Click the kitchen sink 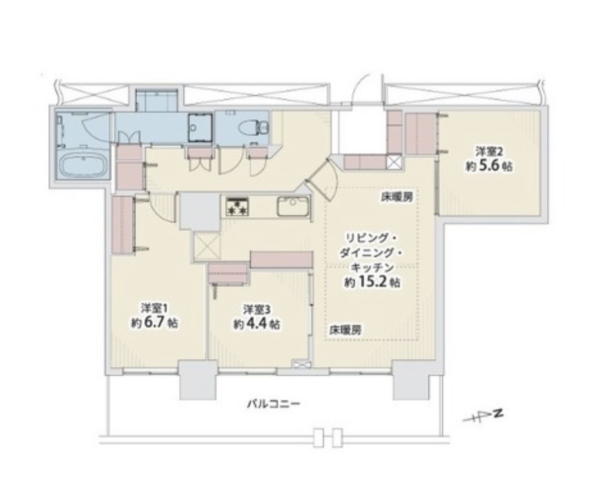point(293,206)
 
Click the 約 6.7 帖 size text point(154,323)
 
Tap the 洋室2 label point(489,151)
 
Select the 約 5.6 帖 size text point(489,166)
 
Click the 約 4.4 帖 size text point(257,323)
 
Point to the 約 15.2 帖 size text point(372,282)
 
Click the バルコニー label point(273,403)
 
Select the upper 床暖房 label point(397,198)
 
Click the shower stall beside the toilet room point(200,128)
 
